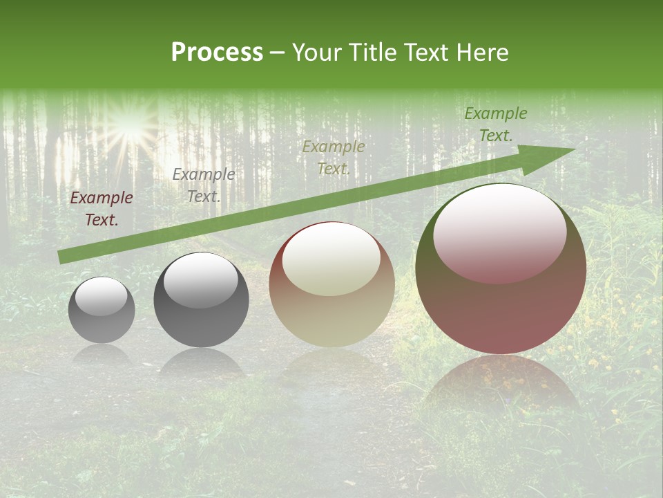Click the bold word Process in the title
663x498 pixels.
[x=217, y=53]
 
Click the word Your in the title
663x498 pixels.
[x=314, y=53]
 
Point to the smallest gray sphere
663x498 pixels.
[x=102, y=310]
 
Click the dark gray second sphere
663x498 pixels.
[x=201, y=299]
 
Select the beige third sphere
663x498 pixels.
[x=331, y=284]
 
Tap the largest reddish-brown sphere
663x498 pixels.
[x=501, y=268]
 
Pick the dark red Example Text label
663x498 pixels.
[x=102, y=209]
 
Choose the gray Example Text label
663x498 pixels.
[x=203, y=185]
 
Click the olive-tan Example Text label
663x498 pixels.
[x=334, y=158]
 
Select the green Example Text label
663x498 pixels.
[x=495, y=124]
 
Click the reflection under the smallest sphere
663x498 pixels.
[x=102, y=354]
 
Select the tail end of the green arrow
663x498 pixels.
[x=62, y=257]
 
